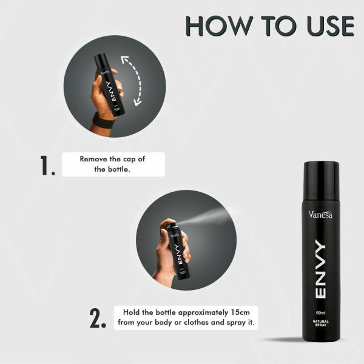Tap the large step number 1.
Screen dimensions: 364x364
48,165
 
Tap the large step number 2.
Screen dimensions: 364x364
98,318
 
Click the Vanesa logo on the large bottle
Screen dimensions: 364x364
320,214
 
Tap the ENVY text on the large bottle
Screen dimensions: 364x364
320,271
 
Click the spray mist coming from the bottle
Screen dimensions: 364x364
209,215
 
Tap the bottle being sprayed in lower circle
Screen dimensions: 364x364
178,249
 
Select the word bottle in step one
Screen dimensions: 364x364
120,169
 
